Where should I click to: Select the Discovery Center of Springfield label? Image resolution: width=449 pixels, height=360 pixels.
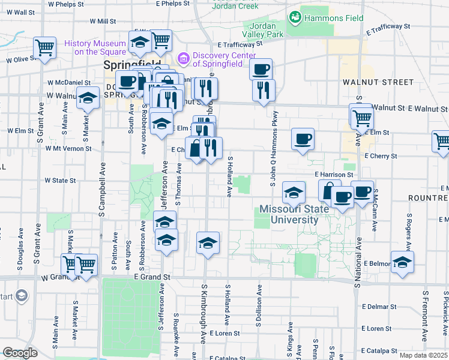pyautogui.click(x=223, y=60)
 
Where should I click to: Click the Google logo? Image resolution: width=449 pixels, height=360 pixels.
pyautogui.click(x=20, y=353)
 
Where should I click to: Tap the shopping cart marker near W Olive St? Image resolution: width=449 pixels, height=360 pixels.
pyautogui.click(x=45, y=47)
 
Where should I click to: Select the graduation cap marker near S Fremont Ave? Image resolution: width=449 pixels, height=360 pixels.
pyautogui.click(x=402, y=261)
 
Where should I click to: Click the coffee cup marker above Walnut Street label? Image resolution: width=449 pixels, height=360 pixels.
pyautogui.click(x=261, y=68)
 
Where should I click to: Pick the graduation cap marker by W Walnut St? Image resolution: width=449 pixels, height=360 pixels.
pyautogui.click(x=88, y=97)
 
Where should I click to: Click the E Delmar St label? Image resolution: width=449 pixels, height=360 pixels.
pyautogui.click(x=379, y=307)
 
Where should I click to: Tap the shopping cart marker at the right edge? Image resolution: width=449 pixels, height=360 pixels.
pyautogui.click(x=441, y=141)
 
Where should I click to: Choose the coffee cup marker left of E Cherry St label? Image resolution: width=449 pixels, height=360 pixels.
pyautogui.click(x=302, y=138)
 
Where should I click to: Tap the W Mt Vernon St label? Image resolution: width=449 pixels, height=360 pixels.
pyautogui.click(x=64, y=148)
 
